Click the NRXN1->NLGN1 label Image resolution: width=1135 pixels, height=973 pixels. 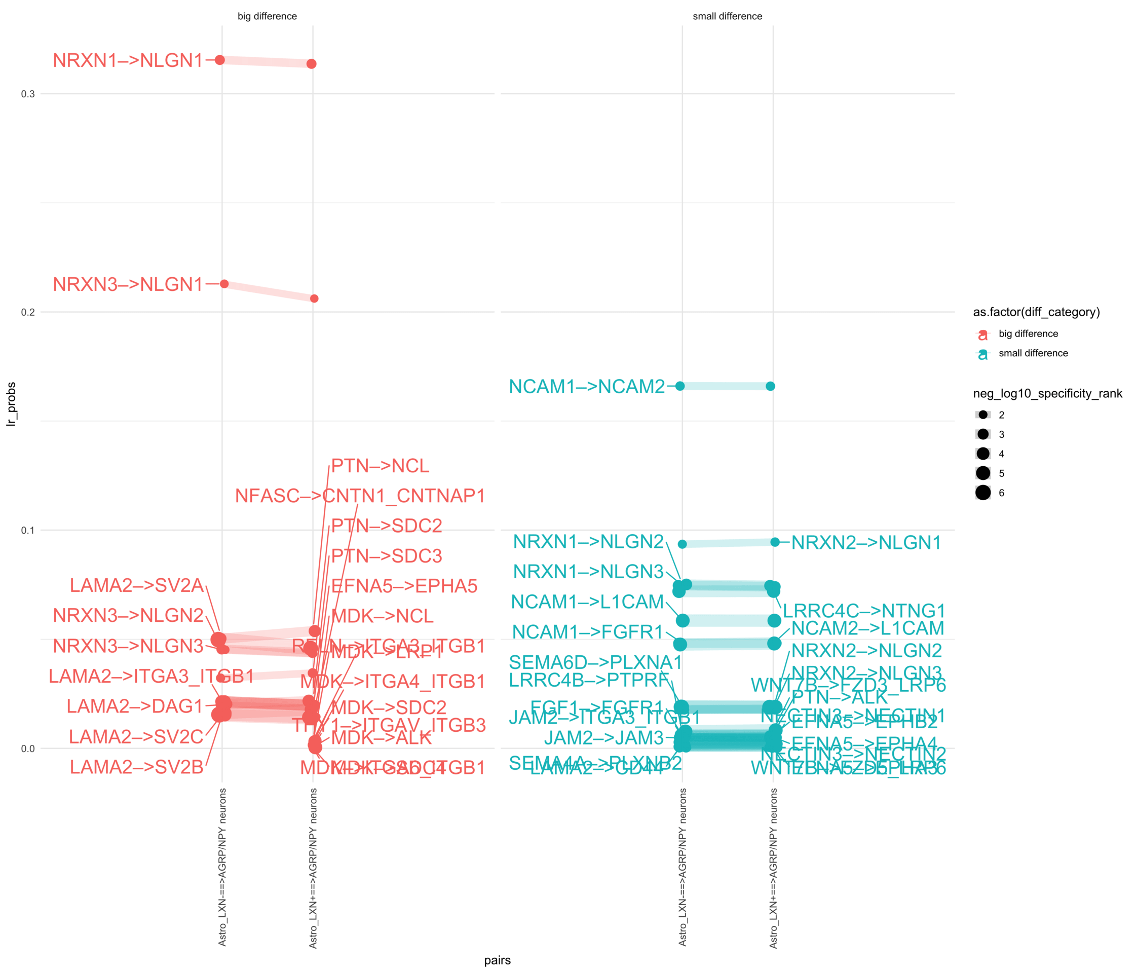coord(128,60)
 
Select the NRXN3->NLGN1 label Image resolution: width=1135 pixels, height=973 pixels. coord(128,284)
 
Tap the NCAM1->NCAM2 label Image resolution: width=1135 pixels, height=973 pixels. coord(587,387)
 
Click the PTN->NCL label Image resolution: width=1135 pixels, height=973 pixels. coord(380,466)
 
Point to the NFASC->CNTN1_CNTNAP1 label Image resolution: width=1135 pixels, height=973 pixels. coord(360,496)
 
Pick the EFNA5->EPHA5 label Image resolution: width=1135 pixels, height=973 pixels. coord(404,586)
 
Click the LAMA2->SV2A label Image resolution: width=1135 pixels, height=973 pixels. coord(136,586)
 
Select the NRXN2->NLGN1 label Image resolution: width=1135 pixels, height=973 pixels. coord(866,543)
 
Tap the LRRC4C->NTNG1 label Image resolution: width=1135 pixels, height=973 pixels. coord(864,611)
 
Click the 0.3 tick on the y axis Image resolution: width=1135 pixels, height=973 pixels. coord(27,94)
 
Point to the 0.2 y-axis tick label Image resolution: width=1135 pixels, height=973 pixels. coord(27,312)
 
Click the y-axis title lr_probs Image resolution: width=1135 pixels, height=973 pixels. coord(11,404)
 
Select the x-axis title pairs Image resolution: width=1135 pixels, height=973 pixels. coord(498,960)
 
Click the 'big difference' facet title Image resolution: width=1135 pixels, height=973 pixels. coord(268,16)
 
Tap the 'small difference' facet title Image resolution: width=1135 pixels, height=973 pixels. coord(728,16)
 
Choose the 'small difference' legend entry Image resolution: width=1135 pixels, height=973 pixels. coord(1033,353)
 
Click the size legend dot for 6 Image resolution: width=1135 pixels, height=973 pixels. coord(983,493)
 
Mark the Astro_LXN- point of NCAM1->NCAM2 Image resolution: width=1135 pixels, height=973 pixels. coord(680,386)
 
